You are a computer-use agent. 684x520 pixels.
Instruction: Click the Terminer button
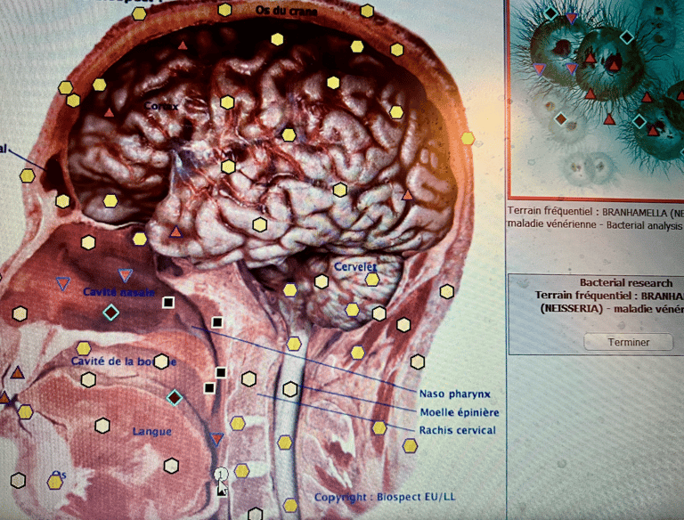[x=629, y=342]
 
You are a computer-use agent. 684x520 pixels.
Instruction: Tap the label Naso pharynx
[x=455, y=393]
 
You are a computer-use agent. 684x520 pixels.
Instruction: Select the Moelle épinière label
[x=459, y=412]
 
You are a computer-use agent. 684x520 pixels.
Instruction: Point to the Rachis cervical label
[x=457, y=431]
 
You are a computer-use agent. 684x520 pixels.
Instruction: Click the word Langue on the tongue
[x=151, y=432]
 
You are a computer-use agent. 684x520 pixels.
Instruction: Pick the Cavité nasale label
[x=118, y=292]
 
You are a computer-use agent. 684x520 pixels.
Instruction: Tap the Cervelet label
[x=354, y=266]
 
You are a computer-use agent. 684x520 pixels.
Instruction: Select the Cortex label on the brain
[x=162, y=106]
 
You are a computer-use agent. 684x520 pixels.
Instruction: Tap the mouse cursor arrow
[x=222, y=487]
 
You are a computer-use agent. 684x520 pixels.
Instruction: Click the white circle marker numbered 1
[x=221, y=474]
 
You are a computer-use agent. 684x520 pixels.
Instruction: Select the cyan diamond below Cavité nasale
[x=110, y=313]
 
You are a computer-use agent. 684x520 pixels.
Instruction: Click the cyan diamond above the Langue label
[x=175, y=397]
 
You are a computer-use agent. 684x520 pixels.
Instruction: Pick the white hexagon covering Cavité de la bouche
[x=161, y=362]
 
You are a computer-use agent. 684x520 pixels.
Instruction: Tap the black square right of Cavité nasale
[x=168, y=303]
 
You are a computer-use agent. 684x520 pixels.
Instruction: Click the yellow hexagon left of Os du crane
[x=225, y=10]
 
